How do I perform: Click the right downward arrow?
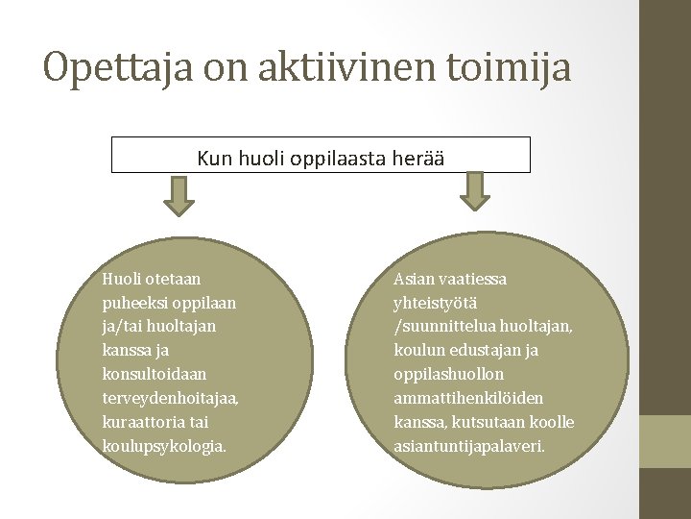coord(475,192)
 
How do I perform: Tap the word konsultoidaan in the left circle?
coord(155,373)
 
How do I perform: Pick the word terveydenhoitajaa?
coord(169,397)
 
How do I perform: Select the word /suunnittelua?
coord(443,326)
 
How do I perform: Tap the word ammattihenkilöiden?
coord(468,397)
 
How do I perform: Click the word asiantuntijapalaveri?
coord(469,445)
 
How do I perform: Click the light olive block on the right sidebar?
coord(665,441)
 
